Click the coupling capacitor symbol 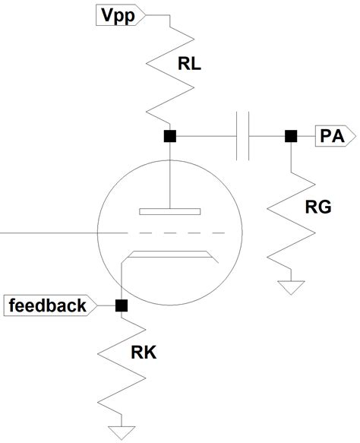click(243, 137)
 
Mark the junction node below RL click(170, 137)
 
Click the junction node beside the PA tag click(290, 137)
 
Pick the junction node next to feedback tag click(120, 306)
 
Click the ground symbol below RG click(290, 287)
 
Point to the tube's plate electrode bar click(170, 210)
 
